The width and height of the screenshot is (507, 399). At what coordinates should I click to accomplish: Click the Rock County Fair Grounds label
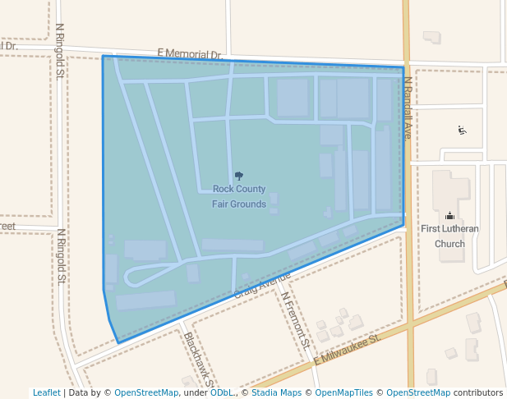pos(239,196)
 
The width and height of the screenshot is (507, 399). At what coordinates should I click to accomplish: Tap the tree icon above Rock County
pos(239,176)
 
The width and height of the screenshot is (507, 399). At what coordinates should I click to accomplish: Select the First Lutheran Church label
pos(449,236)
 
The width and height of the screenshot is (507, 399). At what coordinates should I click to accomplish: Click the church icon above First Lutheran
pos(449,216)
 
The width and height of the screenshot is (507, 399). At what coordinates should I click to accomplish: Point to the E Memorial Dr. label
pos(190,54)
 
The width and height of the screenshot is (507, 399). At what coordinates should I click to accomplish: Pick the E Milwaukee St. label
pos(346,348)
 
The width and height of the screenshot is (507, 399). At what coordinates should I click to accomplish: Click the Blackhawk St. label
pos(200,360)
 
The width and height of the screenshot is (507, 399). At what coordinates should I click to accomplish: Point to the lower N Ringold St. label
pos(61,256)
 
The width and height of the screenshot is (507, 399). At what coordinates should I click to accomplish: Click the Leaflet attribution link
pos(47,392)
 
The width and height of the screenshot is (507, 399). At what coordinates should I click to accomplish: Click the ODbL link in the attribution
pos(222,392)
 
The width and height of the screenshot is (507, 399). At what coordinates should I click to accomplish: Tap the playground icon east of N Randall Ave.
pos(463,130)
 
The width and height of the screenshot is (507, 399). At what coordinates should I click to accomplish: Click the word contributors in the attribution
pos(478,392)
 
